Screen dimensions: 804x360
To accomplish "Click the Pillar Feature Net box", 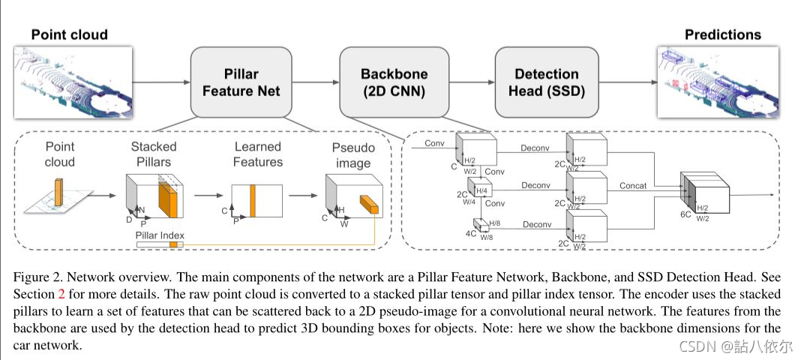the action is (x=241, y=82).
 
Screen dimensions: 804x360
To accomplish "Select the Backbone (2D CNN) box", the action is (x=394, y=82).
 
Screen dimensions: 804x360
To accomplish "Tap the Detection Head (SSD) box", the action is (x=547, y=82).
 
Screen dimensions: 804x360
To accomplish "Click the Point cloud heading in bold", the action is (x=70, y=34).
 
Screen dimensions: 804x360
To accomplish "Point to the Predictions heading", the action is (x=723, y=34).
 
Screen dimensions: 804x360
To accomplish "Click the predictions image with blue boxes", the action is (x=718, y=82).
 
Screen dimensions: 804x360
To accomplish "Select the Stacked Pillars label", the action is (x=153, y=154).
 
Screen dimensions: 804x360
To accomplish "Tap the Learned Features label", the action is (x=257, y=154).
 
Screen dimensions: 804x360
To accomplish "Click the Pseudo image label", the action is (x=353, y=156).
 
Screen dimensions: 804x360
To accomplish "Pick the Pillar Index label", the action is (x=160, y=235).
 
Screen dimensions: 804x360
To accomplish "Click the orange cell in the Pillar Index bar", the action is (x=173, y=244).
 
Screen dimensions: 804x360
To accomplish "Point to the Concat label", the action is (x=633, y=186).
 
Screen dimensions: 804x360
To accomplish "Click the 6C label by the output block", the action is (x=686, y=214).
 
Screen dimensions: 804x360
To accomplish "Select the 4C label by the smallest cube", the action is (x=471, y=233).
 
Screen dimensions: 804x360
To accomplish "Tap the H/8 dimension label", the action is (x=495, y=223).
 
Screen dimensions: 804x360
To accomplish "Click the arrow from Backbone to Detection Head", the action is (x=471, y=82).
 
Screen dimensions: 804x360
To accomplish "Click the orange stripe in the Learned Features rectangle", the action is (x=252, y=200).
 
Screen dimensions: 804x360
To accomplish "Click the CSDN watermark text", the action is (x=736, y=346).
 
